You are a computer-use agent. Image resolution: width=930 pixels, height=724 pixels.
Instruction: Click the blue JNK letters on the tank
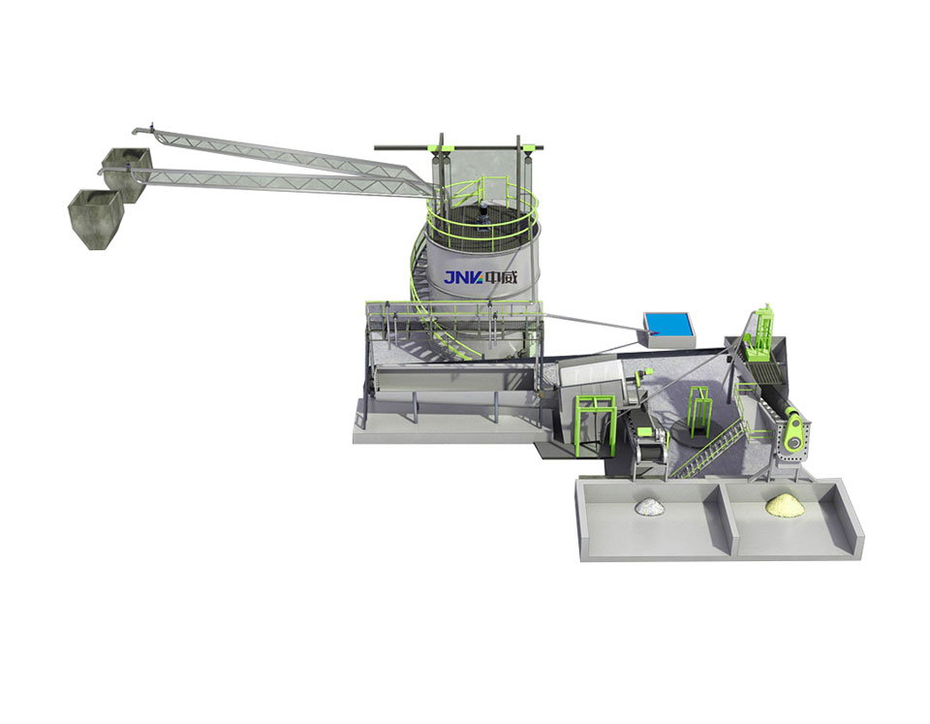(x=464, y=277)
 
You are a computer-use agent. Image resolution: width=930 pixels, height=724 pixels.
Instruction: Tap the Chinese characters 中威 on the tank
(x=501, y=277)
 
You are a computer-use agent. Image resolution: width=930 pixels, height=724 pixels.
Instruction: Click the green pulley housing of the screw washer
(x=794, y=437)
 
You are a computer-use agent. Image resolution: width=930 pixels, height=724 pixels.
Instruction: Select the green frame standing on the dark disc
(x=699, y=409)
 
